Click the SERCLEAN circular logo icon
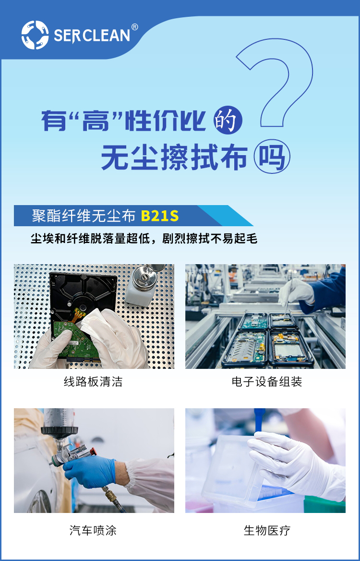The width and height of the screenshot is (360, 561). pos(35,35)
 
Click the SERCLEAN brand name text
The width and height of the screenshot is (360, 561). pos(91,36)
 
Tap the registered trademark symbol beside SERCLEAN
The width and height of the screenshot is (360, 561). pos(134,27)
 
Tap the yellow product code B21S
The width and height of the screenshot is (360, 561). pos(159,216)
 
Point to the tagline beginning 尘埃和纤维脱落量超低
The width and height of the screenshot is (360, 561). pos(144,239)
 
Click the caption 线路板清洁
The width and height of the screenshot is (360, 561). pos(93,382)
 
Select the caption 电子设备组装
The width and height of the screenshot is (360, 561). pos(266,382)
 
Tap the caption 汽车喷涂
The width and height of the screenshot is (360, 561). pos(93,530)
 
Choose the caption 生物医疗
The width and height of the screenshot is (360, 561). pos(266,530)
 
